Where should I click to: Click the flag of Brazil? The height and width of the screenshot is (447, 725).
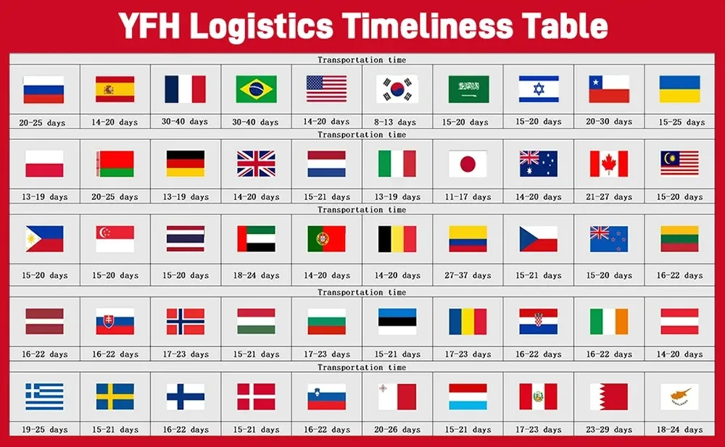coord(256,89)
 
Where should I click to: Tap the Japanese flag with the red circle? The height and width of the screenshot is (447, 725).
coord(468,164)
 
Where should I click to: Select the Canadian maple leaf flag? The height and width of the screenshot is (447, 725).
coord(609,164)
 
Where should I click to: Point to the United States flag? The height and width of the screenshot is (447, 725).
coord(326,89)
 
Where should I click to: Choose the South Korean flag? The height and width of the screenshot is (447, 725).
coord(397,89)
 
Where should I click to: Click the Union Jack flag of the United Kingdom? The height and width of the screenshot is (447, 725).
coord(256,164)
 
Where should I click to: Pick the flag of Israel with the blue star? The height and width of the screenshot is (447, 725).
coord(539,89)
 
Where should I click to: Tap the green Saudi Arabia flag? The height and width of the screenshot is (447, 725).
coord(468,89)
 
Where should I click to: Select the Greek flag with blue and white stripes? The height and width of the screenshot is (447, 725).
coord(44,396)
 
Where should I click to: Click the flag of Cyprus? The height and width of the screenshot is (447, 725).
coord(680,396)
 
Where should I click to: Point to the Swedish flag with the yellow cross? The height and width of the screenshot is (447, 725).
coord(115,396)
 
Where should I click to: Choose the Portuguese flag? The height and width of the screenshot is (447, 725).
coord(326,238)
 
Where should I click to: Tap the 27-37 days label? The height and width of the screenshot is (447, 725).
coord(468,275)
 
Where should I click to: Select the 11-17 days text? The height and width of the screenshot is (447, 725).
coord(468,197)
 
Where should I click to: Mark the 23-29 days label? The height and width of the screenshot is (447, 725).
coord(609,430)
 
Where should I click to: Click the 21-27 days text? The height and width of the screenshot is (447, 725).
coord(609,197)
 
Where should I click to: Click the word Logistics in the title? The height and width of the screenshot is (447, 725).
coord(261,26)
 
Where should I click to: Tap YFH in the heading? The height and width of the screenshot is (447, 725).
coord(149,25)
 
